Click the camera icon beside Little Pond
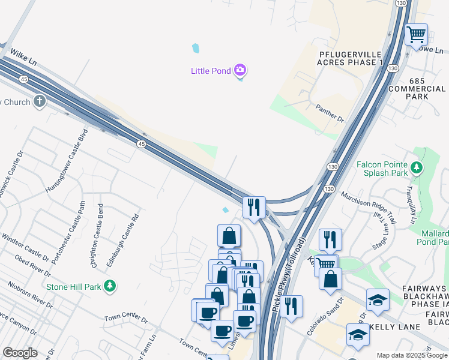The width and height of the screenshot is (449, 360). [x=240, y=71]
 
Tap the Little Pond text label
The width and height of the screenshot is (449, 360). [x=211, y=71]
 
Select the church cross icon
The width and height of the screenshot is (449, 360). [x=40, y=101]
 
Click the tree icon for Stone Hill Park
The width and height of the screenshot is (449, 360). [x=109, y=286]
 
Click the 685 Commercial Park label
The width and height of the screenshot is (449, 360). [x=425, y=88]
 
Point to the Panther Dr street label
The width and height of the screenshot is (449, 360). [x=330, y=113]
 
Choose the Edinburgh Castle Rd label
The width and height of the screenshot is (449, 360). [x=128, y=237]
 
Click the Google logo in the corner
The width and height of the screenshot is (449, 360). [x=20, y=353]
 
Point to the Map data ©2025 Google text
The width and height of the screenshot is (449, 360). [x=412, y=355]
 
